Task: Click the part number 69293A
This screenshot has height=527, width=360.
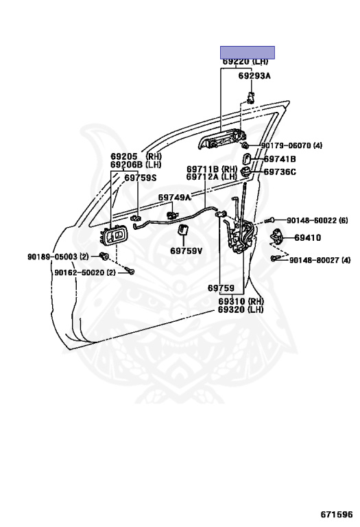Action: [x=254, y=76]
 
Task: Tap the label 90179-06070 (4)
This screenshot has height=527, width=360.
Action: [x=291, y=145]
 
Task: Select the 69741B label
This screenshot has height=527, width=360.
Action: [x=280, y=159]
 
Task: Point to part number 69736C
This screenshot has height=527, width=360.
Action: [x=280, y=172]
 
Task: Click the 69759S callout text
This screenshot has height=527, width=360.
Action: [x=141, y=178]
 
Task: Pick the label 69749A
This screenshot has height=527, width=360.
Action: [x=174, y=198]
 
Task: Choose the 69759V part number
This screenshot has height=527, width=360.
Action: [x=186, y=250]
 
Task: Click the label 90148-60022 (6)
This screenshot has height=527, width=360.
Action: [x=317, y=220]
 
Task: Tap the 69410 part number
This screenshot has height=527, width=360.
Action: [x=308, y=238]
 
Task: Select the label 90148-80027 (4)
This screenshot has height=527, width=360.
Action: [x=320, y=260]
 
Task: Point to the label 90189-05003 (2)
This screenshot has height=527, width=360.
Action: [x=58, y=257]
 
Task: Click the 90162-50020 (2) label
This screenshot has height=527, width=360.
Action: [x=84, y=272]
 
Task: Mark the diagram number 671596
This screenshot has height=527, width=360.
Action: [x=337, y=514]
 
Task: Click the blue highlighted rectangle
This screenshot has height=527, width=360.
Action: [x=248, y=52]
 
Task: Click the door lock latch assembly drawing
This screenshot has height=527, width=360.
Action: [x=240, y=235]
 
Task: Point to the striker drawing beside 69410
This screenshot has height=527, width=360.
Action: [x=277, y=237]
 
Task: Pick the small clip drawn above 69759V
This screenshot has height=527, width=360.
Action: [x=183, y=230]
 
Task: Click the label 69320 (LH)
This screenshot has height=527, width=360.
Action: [x=241, y=309]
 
